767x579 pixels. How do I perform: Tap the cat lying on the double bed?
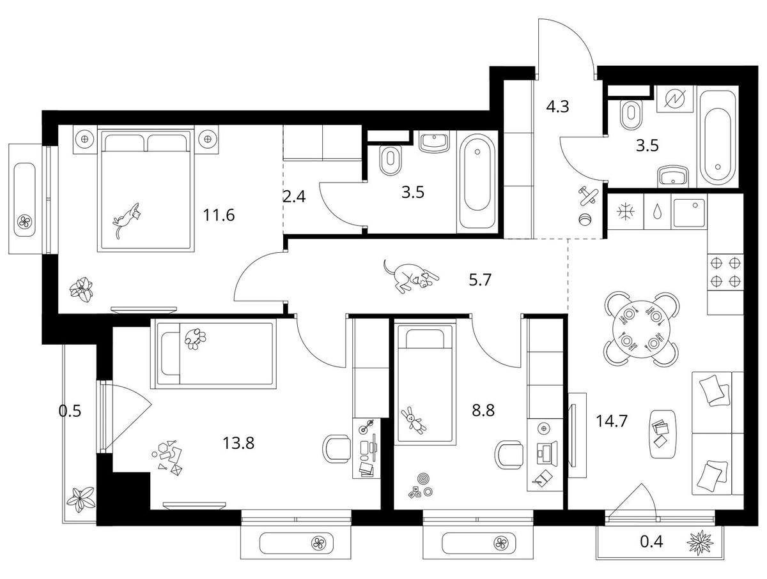[x=127, y=220]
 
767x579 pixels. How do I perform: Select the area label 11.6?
[x=219, y=215]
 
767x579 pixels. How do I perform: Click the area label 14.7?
[x=612, y=421]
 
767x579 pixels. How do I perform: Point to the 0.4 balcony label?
[x=651, y=541]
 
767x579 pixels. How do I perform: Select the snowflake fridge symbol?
[x=625, y=212]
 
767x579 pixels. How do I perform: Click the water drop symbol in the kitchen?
[x=656, y=211]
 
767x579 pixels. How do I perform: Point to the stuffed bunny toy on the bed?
[x=414, y=421]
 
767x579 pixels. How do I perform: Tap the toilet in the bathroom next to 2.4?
[x=390, y=160]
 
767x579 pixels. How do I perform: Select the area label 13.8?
[x=238, y=443]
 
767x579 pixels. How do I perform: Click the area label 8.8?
[x=483, y=410]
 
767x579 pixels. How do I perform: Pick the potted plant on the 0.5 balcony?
[x=81, y=500]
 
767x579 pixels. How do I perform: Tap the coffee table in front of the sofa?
[x=663, y=433]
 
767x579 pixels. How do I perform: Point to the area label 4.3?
[x=558, y=107]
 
